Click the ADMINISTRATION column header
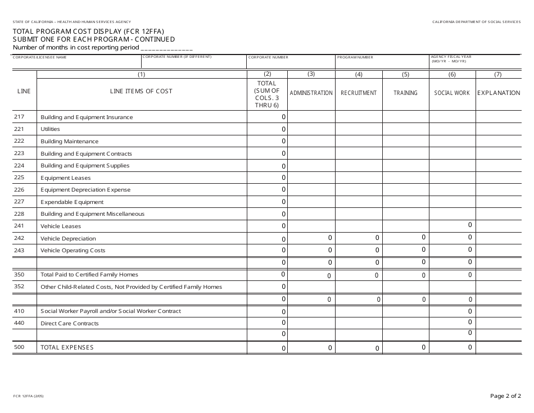(311, 93)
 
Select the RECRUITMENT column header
(359, 93)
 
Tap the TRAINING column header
(405, 93)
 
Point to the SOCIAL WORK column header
(452, 93)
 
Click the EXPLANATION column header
(499, 93)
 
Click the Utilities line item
(50, 129)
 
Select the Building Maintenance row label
(69, 142)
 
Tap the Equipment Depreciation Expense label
(85, 190)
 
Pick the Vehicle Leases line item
(61, 226)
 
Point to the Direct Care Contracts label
(70, 324)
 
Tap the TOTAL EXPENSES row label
(67, 348)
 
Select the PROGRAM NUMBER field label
(355, 57)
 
